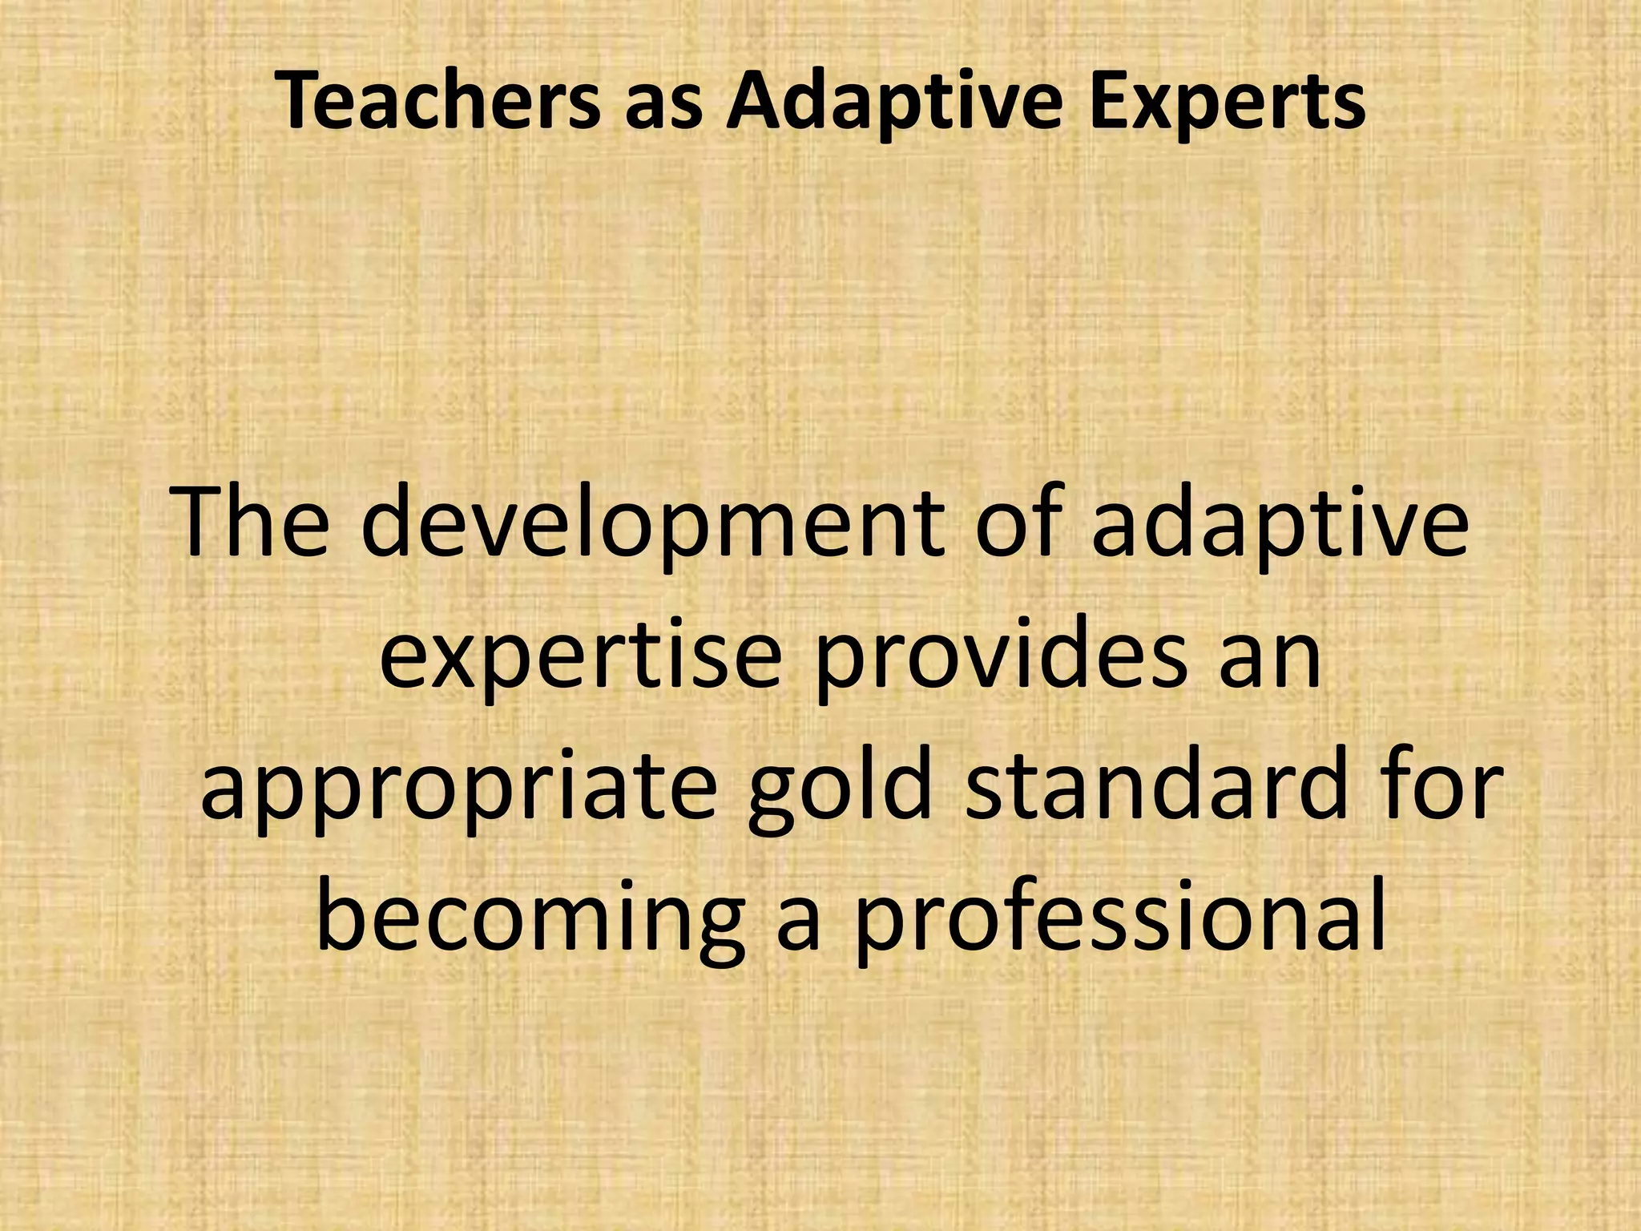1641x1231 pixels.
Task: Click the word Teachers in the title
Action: (437, 103)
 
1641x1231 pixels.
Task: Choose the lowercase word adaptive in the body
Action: (1280, 525)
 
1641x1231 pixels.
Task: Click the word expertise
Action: (579, 656)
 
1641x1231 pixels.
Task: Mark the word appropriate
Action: (457, 789)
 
